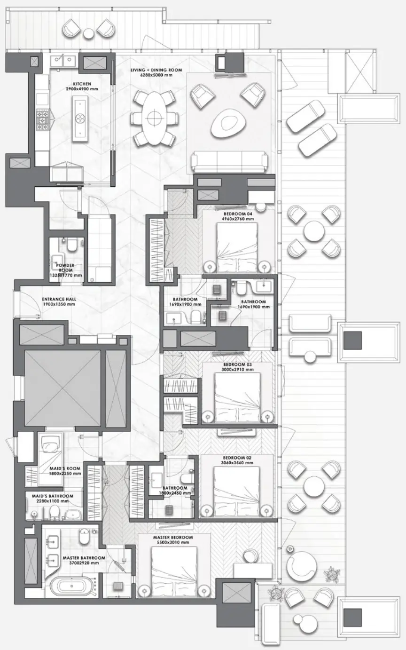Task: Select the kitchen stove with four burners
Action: (43, 119)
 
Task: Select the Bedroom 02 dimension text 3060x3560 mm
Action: (237, 463)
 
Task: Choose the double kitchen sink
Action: (64, 60)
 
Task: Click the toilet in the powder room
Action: (72, 245)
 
